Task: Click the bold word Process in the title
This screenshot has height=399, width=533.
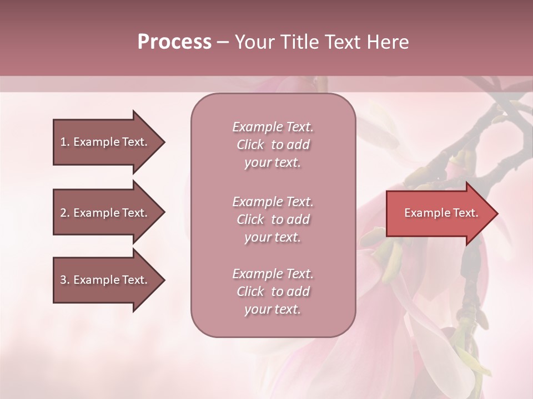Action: coord(174,42)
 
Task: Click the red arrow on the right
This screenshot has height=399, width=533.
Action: coord(439,213)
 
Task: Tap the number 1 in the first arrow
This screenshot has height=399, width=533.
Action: coord(63,142)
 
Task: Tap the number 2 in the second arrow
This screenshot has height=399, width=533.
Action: coord(63,213)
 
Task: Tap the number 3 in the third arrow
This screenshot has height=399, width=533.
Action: coord(63,280)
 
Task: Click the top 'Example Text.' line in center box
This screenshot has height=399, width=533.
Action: coord(273,127)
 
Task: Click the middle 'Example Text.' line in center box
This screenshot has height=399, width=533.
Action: coord(273,202)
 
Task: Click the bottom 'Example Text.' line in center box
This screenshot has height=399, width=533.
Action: coord(273,274)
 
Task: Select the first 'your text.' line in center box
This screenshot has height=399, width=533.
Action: coord(273,163)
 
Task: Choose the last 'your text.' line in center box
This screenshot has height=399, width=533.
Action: coord(273,310)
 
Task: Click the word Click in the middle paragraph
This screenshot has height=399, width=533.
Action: coord(250,219)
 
